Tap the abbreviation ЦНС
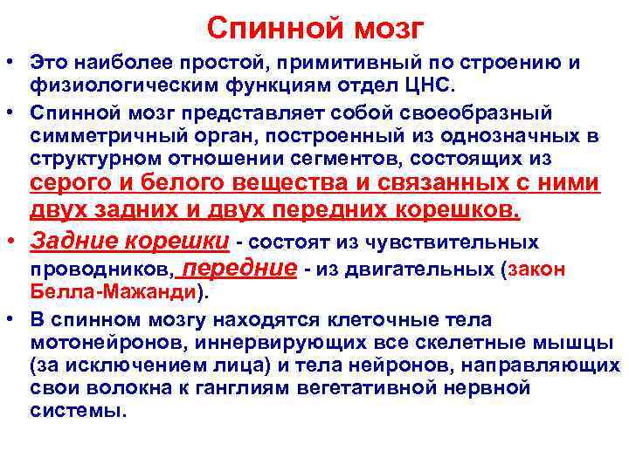(x=438, y=85)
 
